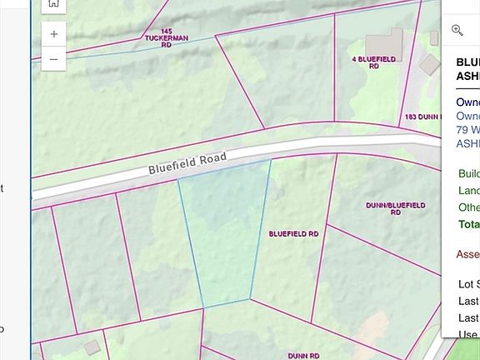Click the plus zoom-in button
point(53,34)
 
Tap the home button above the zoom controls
point(53,4)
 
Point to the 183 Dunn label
point(421,117)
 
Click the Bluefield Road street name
point(187,162)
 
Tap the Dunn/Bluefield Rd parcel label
point(395,208)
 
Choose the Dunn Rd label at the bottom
point(304,355)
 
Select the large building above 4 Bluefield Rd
point(384,42)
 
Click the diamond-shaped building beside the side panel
point(430,63)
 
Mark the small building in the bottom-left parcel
point(92,347)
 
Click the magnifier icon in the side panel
point(457,30)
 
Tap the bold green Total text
point(468,224)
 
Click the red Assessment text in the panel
point(468,254)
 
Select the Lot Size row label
point(468,283)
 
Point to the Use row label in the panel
point(468,335)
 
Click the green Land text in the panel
point(468,191)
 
